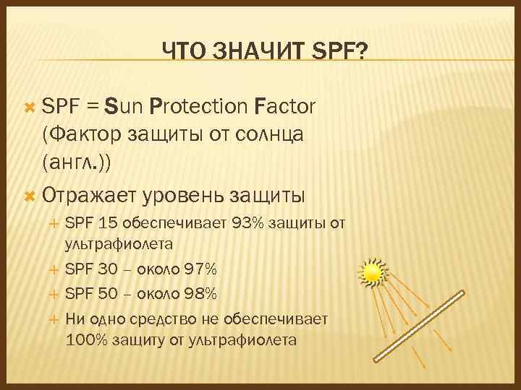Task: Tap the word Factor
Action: point(285,108)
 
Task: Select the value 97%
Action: point(200,269)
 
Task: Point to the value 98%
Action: point(200,294)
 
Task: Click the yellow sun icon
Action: point(372,272)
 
